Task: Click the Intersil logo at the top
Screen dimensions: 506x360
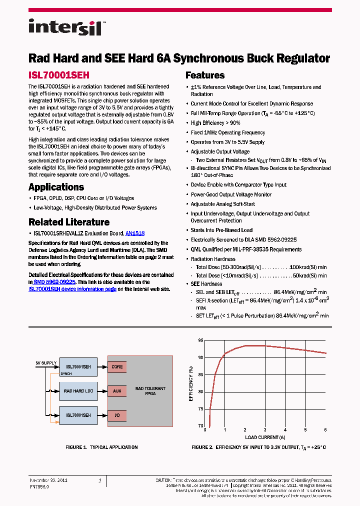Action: pos(65,26)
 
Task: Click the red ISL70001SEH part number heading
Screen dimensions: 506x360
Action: pos(58,75)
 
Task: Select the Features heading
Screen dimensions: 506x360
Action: pos(205,75)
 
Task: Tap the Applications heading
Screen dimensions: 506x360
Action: pos(56,187)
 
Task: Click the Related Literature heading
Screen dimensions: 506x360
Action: pos(68,222)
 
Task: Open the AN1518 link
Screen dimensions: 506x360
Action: pos(135,233)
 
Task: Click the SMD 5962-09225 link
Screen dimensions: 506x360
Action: pos(54,282)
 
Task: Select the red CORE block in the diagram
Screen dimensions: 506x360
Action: pos(117,366)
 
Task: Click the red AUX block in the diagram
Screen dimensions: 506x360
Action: pos(117,391)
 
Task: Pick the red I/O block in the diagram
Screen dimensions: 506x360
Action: pos(117,415)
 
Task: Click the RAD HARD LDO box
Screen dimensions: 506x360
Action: pos(78,391)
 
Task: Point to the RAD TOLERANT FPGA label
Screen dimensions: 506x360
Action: pos(150,391)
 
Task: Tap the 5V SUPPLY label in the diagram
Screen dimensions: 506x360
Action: pos(45,362)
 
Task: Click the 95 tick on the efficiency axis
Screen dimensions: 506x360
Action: pos(200,340)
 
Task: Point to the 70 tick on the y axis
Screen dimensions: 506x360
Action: pos(200,426)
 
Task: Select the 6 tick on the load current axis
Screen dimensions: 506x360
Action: pos(325,430)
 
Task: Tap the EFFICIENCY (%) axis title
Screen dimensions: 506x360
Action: pos(190,384)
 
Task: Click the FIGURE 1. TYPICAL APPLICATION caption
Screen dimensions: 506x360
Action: pos(101,447)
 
